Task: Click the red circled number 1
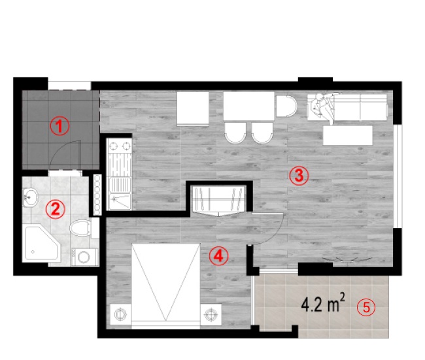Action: pos(59,125)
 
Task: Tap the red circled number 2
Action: pos(56,209)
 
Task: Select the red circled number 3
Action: pos(299,176)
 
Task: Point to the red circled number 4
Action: pos(218,256)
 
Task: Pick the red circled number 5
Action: pos(366,308)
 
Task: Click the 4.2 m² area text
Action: pos(323,303)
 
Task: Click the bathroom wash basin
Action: pos(29,197)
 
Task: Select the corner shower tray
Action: pos(41,243)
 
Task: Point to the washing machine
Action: pos(84,257)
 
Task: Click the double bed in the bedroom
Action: pos(165,286)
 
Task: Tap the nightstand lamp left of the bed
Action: pos(120,314)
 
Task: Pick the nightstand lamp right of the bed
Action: pos(211,314)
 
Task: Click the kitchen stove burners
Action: pos(120,146)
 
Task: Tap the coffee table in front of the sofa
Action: pos(348,135)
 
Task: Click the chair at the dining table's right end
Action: pos(286,106)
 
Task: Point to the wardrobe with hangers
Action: pos(218,200)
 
